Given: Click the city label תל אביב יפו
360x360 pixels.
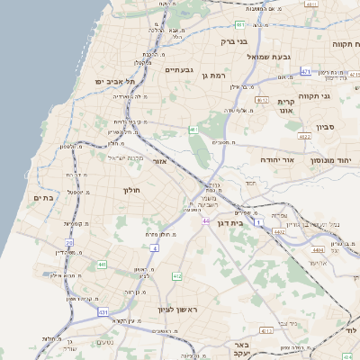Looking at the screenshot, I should (111, 81).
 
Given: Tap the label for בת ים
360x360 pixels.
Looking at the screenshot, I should (43, 197).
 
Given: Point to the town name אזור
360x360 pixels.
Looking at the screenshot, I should (163, 160).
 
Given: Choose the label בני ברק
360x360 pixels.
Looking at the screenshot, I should (236, 40).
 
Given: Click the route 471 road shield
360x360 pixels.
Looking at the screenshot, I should (306, 71).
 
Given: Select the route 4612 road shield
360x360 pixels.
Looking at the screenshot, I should (262, 100).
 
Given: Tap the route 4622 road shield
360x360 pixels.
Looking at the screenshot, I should (303, 137).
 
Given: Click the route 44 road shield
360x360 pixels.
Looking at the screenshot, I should (206, 220).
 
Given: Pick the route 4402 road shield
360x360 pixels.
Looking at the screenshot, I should (280, 232).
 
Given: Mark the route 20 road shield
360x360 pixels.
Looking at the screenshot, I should (68, 243).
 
